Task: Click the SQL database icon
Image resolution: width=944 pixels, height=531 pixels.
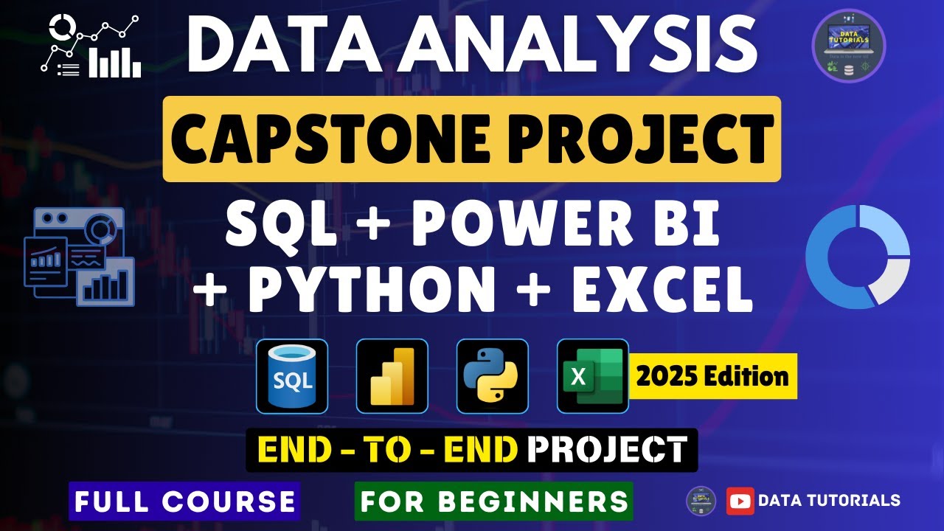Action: click(x=292, y=376)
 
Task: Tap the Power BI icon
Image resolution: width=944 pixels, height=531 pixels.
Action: click(x=392, y=376)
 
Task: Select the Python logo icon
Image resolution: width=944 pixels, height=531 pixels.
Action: click(x=493, y=376)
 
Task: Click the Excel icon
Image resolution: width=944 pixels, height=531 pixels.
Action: click(x=592, y=376)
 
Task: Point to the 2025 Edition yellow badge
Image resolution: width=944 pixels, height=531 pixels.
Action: click(x=712, y=377)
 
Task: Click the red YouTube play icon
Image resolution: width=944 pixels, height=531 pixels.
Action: click(x=740, y=501)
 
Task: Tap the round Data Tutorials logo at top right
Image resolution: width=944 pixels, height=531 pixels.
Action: click(x=849, y=46)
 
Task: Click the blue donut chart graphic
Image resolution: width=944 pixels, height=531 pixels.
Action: click(x=858, y=257)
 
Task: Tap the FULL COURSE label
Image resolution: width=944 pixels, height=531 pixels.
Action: click(x=184, y=502)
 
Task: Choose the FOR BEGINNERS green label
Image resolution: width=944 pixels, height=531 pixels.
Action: click(x=494, y=502)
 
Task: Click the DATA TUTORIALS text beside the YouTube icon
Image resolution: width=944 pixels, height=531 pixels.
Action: click(x=829, y=501)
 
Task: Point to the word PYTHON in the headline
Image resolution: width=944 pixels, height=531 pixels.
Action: click(x=372, y=288)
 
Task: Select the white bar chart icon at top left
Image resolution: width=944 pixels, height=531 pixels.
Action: click(x=114, y=63)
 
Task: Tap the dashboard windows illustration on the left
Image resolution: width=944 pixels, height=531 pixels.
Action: click(x=79, y=254)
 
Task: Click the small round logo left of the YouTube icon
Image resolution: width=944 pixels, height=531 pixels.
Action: click(x=701, y=501)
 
